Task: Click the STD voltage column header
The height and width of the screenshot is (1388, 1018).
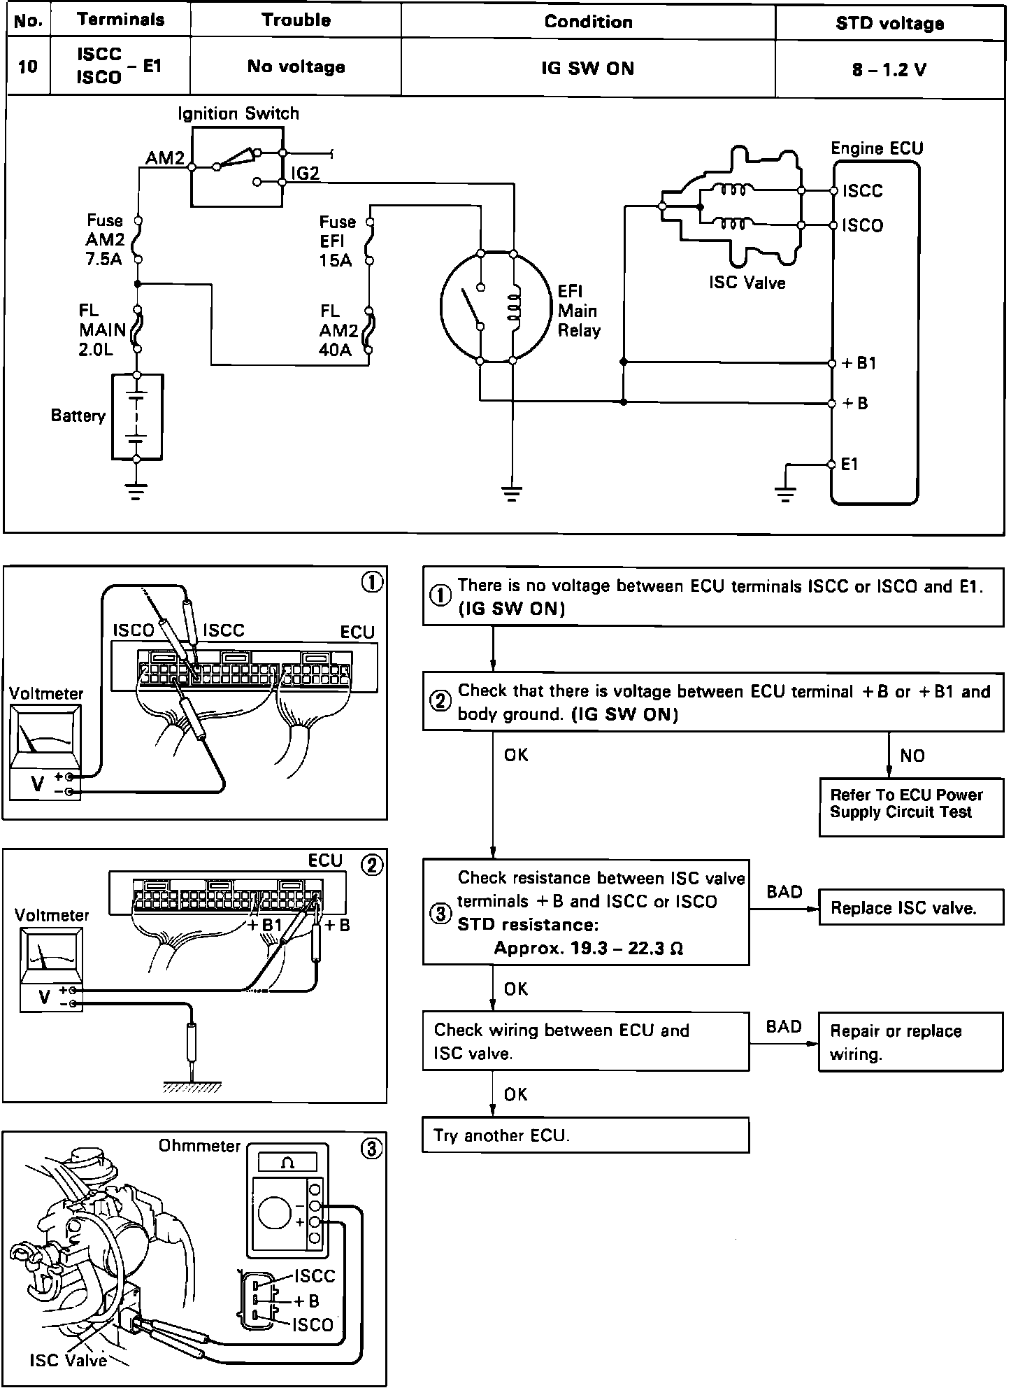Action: point(889,23)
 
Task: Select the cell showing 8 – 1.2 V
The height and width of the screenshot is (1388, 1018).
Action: point(889,69)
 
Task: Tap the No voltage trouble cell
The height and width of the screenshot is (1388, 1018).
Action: point(296,67)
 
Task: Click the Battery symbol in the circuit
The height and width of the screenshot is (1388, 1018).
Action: point(137,417)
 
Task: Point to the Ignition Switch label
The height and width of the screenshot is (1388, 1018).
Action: point(238,113)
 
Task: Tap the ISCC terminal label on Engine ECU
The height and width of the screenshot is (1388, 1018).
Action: point(862,191)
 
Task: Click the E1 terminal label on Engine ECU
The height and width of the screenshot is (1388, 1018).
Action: point(849,465)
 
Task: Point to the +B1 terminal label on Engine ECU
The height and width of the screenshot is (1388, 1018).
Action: point(859,363)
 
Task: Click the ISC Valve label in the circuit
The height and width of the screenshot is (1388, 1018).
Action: point(747,283)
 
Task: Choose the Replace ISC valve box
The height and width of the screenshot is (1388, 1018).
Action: point(910,908)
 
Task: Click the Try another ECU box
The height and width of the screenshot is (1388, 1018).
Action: point(585,1135)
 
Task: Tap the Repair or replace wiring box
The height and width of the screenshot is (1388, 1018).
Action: point(910,1042)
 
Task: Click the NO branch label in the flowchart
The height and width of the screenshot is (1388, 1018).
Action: point(912,756)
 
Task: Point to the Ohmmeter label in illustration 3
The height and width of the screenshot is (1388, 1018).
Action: point(199,1146)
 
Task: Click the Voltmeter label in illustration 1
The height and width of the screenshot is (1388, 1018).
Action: point(46,693)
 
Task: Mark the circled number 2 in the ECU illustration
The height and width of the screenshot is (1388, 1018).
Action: point(371,865)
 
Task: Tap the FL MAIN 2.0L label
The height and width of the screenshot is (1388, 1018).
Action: point(102,330)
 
